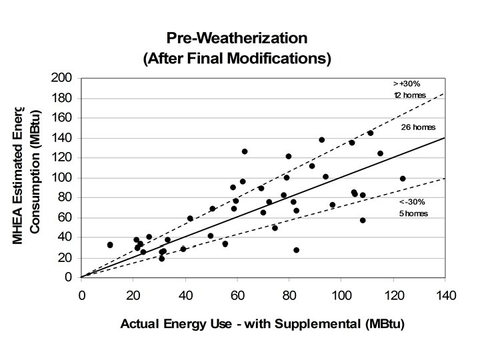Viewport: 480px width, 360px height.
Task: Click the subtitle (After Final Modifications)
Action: click(x=237, y=58)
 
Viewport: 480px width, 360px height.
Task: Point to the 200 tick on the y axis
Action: click(x=64, y=78)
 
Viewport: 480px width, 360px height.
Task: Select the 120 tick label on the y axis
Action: click(x=64, y=158)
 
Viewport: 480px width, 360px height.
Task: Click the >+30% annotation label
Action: click(x=407, y=83)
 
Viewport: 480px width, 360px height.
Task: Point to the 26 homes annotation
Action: click(x=417, y=127)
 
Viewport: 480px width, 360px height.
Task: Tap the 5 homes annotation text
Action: click(x=413, y=213)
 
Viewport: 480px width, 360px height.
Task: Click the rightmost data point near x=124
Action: click(x=403, y=179)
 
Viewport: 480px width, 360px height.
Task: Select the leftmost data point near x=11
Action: click(x=110, y=245)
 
